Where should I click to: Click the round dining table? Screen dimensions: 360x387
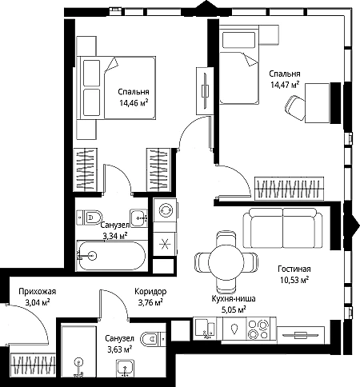226,262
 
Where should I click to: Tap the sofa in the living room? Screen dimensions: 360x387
283,228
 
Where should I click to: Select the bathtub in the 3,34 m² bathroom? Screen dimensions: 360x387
112,256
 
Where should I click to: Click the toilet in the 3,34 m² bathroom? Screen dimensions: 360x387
89,217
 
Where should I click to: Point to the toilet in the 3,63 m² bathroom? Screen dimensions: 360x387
153,339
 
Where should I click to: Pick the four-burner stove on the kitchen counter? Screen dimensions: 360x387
258,329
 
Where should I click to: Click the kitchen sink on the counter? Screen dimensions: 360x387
206,329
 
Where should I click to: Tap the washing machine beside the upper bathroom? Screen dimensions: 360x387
165,210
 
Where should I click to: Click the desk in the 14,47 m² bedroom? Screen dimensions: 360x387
317,103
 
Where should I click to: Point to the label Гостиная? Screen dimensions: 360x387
294,269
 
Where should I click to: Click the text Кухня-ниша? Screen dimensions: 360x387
234,299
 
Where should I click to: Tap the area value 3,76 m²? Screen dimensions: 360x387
150,302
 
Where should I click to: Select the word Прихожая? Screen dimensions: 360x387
38,292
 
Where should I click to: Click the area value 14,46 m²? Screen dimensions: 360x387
134,102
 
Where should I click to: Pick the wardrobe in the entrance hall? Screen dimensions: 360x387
33,365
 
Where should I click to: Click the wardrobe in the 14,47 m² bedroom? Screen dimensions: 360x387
289,188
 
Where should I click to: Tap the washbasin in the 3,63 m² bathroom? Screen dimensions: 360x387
125,368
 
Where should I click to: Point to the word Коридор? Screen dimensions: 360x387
150,292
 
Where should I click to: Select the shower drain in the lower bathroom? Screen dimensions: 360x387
78,361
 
